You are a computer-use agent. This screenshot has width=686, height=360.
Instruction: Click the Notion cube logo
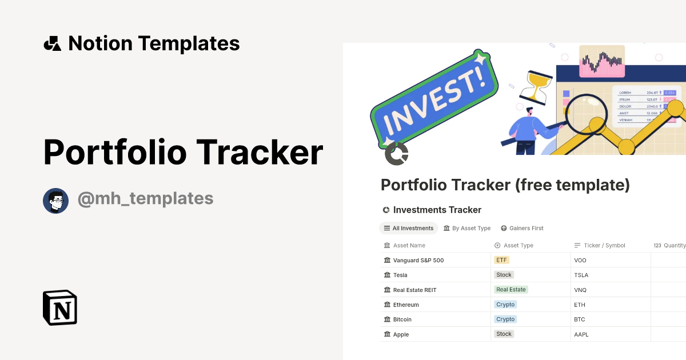[x=60, y=307]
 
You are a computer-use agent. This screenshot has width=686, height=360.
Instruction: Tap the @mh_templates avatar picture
[x=56, y=201]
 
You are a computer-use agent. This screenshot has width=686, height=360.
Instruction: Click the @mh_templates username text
[x=145, y=199]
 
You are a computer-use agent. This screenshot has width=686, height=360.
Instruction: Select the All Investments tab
[x=408, y=228]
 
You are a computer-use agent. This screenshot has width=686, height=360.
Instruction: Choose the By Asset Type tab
[x=467, y=228]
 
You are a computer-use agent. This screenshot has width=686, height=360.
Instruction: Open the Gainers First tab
[x=522, y=228]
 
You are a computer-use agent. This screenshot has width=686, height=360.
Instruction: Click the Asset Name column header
[x=409, y=245]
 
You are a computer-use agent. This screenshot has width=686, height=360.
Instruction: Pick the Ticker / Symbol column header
[x=604, y=245]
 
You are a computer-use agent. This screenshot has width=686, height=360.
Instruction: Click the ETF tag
[x=501, y=260]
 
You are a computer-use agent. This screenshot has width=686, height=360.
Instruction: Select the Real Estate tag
[x=511, y=290]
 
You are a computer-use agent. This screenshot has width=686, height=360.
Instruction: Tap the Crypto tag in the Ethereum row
[x=505, y=305]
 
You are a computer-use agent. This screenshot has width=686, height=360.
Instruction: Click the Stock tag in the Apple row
[x=504, y=334]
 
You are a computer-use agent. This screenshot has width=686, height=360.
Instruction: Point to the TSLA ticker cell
[x=581, y=275]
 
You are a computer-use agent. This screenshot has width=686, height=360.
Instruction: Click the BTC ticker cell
[x=580, y=319]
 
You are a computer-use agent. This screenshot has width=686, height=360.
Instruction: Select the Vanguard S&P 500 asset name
[x=418, y=260]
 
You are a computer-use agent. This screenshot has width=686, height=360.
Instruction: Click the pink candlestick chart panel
[x=601, y=61]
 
